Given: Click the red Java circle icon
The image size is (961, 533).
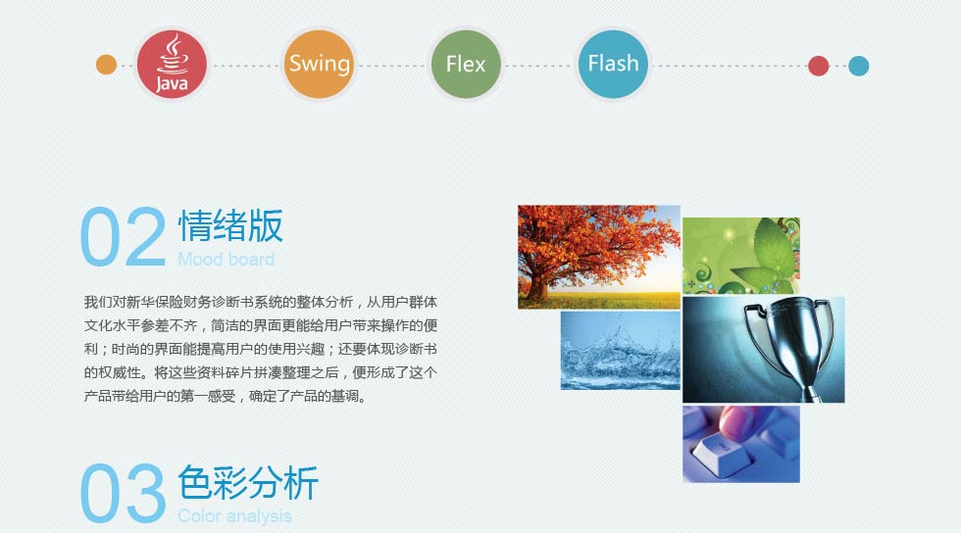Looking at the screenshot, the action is coord(172,65).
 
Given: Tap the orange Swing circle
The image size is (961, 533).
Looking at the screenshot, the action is coord(319,65).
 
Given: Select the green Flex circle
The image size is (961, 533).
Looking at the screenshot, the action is coord(466,65).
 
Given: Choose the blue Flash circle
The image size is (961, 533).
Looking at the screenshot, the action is coord(613,65).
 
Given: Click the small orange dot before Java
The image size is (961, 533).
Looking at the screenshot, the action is coord(106,65).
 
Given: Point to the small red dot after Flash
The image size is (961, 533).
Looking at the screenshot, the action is coord(818,66).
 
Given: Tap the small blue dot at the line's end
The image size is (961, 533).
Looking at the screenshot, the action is coord(859,66).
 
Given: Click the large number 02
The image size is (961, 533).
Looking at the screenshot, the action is coord(124,236).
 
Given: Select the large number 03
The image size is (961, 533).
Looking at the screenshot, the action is coord(124,493).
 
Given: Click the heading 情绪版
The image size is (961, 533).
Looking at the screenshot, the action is coord(230,225).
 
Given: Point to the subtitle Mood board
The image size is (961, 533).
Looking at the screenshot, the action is coord(227,259).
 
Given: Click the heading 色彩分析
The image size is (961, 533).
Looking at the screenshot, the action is coord(248,482).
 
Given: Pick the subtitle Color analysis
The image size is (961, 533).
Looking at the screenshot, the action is coord(234,515).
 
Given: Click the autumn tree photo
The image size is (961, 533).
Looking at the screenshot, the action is coord(599,257).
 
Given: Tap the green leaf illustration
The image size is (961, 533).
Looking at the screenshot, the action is coord(741,256).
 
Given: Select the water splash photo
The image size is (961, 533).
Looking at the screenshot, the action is coord(620,351).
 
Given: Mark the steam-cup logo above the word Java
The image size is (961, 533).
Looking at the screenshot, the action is coord(174,54).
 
